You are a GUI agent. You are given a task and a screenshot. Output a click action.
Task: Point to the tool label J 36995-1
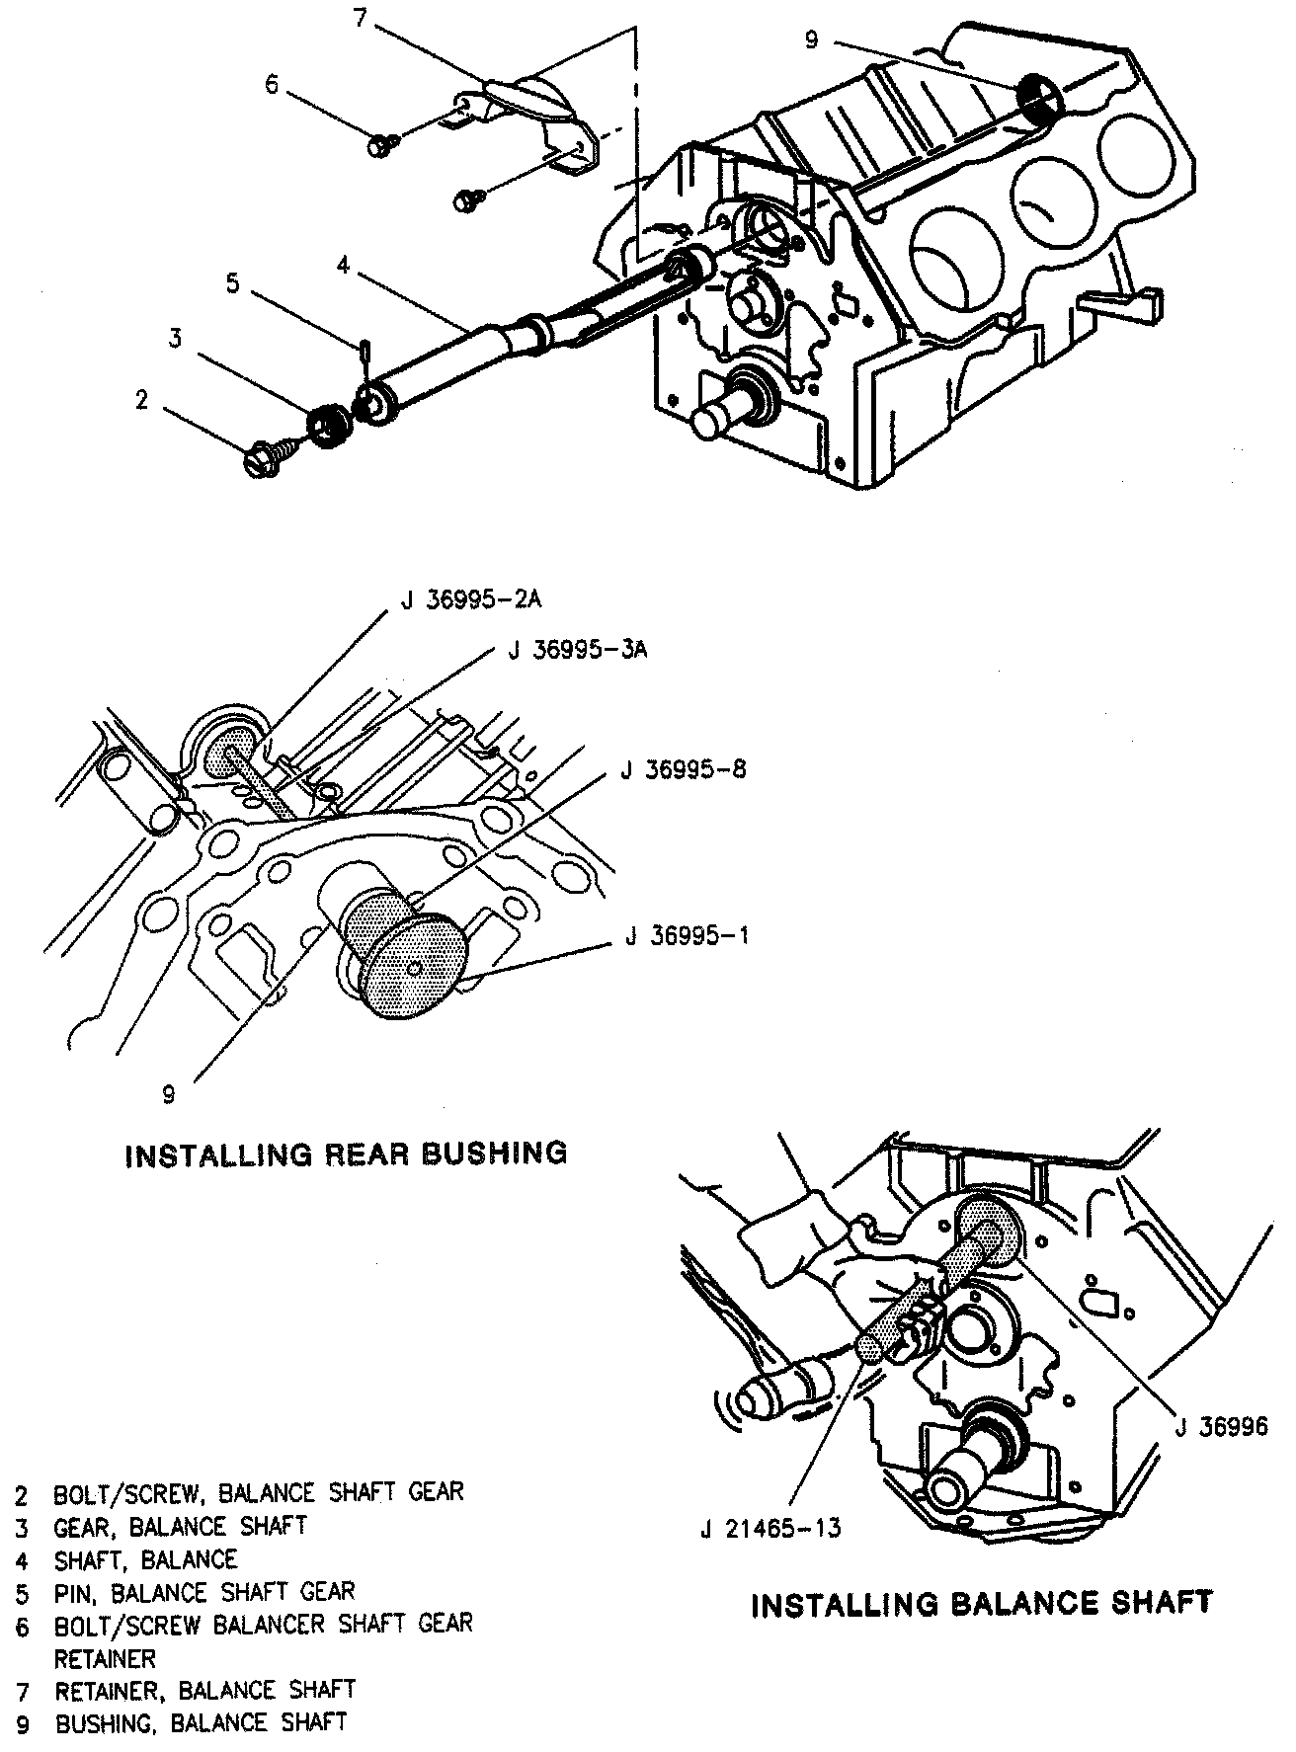687,935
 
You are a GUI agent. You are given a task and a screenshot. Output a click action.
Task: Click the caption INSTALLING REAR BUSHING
346,1154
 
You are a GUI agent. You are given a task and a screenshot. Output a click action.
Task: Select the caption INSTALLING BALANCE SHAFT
982,1602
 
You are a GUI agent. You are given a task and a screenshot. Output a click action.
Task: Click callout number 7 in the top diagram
361,19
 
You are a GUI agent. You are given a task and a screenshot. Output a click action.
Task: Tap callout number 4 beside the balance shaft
342,265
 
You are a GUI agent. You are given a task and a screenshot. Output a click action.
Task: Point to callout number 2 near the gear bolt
142,399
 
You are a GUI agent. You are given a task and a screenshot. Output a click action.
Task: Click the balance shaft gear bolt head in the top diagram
259,459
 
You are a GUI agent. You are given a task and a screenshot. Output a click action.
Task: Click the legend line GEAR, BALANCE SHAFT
180,1526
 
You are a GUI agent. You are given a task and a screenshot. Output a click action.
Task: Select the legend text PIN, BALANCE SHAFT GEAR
203,1592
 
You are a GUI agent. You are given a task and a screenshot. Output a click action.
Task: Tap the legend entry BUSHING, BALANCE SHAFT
201,1722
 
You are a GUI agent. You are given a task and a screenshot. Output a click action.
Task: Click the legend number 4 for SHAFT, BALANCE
22,1560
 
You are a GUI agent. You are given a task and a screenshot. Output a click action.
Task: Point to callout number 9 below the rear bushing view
169,1093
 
